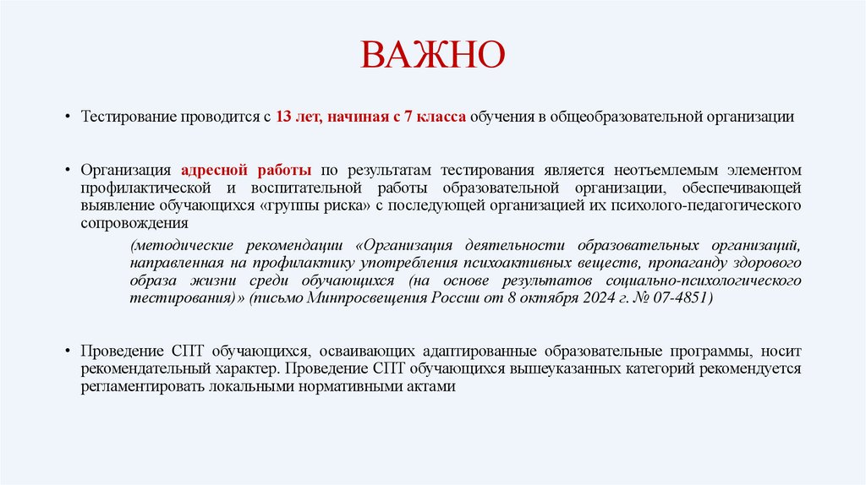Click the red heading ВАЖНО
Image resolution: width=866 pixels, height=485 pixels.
pos(432,56)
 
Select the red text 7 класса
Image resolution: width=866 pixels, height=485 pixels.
pos(434,117)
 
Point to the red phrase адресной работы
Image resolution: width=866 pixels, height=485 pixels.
pos(244,170)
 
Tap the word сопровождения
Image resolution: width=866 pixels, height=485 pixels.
pos(134,223)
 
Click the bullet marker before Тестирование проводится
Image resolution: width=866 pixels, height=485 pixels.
pos(66,117)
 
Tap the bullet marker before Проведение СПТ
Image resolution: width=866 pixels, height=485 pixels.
pos(66,351)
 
